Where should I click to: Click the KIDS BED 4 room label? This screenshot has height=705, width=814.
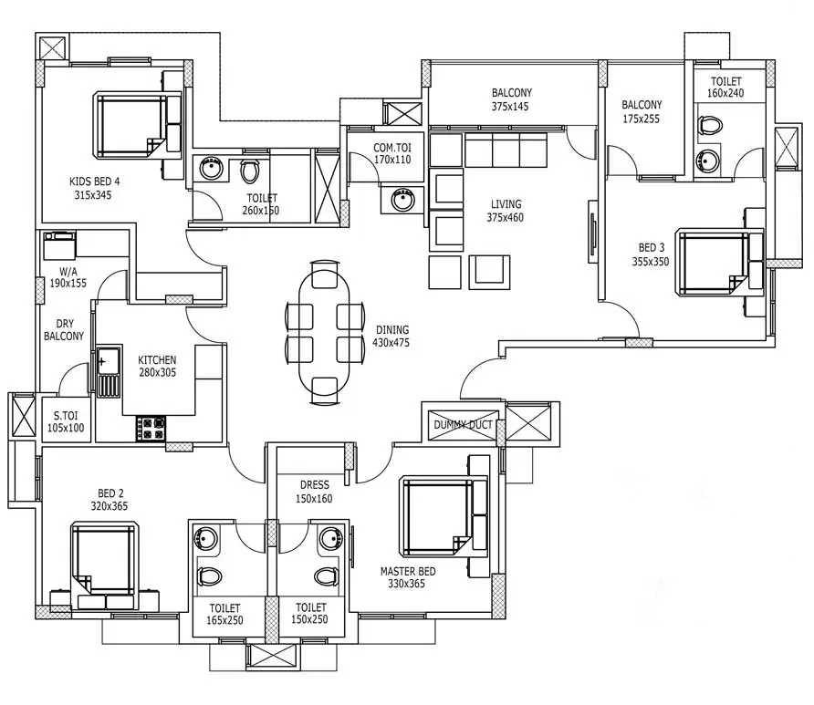[x=94, y=181]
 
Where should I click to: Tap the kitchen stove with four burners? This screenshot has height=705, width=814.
[x=151, y=429]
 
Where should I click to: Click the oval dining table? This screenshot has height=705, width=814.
[x=324, y=332]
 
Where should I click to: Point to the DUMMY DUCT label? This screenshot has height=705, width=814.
[x=463, y=425]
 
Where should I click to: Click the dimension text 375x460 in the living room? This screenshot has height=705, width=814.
[x=506, y=218]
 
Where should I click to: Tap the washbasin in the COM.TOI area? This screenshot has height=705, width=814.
[x=402, y=200]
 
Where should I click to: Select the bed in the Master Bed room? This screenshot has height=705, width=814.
[x=444, y=517]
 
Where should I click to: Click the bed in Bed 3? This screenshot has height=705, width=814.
[x=720, y=263]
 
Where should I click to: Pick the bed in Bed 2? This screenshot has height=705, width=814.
[x=104, y=566]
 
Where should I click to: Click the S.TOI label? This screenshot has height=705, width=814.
[x=66, y=416]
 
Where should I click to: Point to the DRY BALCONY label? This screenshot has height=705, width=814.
[x=64, y=330]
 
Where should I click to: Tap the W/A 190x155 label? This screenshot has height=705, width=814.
[x=68, y=277]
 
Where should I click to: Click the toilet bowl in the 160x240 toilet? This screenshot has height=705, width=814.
[x=711, y=125]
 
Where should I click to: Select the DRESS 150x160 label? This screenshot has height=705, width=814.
[x=315, y=492]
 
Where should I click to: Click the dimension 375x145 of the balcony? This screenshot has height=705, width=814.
[x=510, y=107]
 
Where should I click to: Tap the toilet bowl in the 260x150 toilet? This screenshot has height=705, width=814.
[x=250, y=171]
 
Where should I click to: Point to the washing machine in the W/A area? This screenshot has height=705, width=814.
[x=59, y=246]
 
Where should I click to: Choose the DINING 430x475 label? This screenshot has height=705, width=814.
[x=392, y=337]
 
